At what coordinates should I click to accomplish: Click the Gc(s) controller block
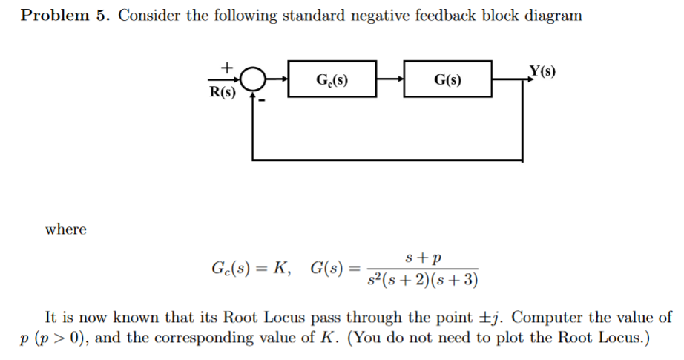[x=332, y=79]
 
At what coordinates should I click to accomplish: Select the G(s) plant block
[x=447, y=79]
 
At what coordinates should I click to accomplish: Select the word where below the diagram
[x=66, y=229]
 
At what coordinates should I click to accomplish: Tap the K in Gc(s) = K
[x=280, y=268]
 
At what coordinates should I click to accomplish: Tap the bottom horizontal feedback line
[x=387, y=160]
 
